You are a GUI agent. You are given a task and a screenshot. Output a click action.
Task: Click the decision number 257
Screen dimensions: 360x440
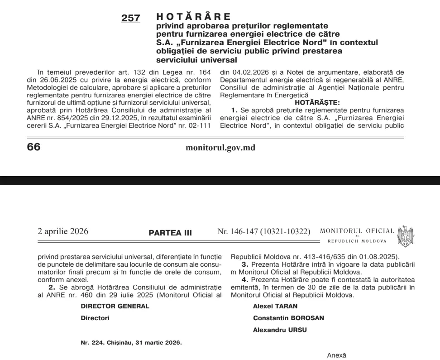[x=130, y=19]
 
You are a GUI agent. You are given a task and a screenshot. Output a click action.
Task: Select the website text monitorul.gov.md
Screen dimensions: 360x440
[x=220, y=148]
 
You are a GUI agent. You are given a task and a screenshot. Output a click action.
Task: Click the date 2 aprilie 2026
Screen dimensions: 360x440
[x=63, y=231]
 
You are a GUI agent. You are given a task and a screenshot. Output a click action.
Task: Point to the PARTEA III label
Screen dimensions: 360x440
[x=170, y=233]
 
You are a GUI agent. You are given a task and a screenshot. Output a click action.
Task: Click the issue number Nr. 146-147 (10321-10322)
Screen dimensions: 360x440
[x=264, y=232]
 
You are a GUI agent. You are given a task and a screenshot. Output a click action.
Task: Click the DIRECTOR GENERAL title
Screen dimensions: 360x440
[x=115, y=306]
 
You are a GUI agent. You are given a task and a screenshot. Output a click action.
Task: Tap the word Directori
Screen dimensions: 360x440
[x=95, y=318]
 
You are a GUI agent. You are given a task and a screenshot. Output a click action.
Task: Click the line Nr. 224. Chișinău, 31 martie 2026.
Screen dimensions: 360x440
[x=131, y=343]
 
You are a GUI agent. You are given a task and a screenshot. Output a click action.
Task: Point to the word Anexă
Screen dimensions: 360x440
[x=336, y=355]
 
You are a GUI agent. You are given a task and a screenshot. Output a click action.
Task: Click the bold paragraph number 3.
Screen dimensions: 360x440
[x=244, y=264]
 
